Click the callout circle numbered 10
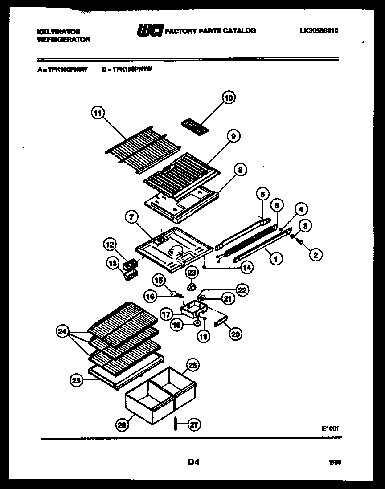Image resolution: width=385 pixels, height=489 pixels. click(228, 98)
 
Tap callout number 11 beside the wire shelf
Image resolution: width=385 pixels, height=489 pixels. click(98, 113)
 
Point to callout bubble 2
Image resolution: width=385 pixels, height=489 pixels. click(315, 255)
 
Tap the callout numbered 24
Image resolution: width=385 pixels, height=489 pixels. click(63, 331)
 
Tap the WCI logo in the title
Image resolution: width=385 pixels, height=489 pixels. click(150, 31)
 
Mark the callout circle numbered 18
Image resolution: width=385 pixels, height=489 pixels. click(177, 326)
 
